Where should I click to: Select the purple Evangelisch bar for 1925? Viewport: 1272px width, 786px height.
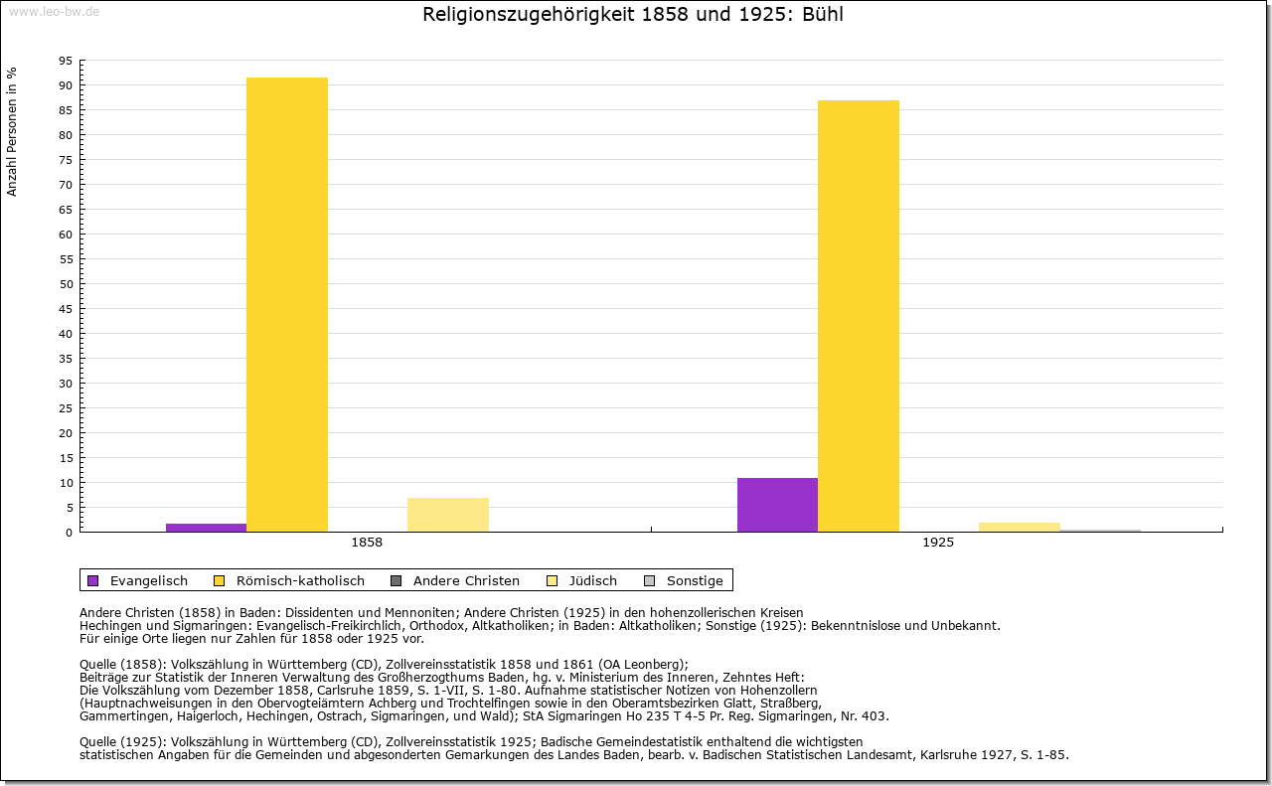pos(777,505)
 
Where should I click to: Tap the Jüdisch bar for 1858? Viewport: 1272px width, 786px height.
pos(447,515)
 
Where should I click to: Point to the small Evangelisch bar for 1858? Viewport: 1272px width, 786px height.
pos(206,528)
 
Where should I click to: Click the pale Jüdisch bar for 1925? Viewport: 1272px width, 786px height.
pos(1019,527)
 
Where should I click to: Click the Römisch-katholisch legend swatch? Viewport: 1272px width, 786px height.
pos(220,580)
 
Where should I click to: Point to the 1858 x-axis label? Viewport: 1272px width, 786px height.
pos(367,543)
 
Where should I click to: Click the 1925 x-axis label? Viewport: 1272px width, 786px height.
pos(938,543)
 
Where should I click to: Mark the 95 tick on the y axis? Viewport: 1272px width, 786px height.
pos(66,61)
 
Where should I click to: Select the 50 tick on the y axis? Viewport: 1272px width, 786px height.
pos(66,284)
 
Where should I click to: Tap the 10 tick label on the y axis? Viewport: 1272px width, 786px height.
pos(66,483)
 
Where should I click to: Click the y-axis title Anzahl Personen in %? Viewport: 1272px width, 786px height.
pos(12,131)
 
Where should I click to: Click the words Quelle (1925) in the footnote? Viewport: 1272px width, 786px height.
pos(123,741)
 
